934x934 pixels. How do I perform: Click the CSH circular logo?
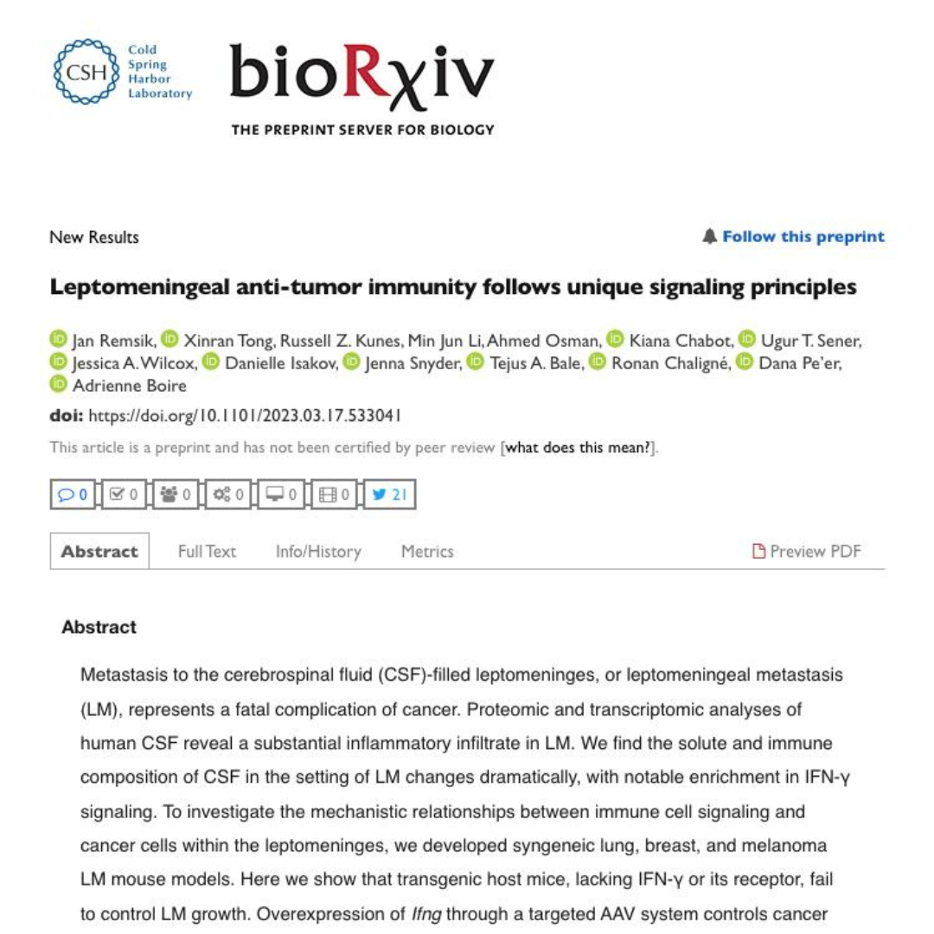tap(86, 72)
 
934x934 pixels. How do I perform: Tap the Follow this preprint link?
tap(803, 237)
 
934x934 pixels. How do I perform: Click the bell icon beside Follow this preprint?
tap(710, 237)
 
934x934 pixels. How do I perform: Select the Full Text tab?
tap(207, 552)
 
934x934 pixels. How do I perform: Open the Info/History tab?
tap(318, 552)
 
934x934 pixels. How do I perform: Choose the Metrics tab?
tap(427, 552)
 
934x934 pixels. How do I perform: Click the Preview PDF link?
tap(807, 552)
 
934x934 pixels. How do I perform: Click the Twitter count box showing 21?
tap(389, 495)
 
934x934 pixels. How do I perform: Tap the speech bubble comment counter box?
tap(73, 495)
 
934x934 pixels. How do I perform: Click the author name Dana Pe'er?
tap(799, 363)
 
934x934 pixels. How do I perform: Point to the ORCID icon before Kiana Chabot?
tap(615, 340)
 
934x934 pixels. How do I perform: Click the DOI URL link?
tap(246, 416)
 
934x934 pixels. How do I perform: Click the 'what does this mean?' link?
tap(578, 448)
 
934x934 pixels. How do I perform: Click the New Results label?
tap(94, 237)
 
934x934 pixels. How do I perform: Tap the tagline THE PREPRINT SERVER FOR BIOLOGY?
tap(362, 130)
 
